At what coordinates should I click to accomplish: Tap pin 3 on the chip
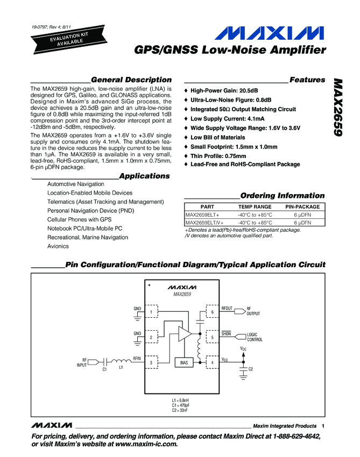(x=152, y=363)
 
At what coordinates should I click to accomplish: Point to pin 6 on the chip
(x=213, y=312)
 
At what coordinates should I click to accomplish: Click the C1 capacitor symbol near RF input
(x=105, y=362)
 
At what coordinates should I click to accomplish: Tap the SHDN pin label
(x=227, y=334)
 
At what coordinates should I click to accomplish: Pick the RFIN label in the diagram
(x=137, y=358)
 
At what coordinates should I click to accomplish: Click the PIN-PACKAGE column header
(x=302, y=206)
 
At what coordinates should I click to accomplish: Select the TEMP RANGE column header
(x=255, y=206)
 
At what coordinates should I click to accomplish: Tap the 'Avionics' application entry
(x=58, y=246)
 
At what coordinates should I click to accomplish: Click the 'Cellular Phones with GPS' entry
(x=79, y=219)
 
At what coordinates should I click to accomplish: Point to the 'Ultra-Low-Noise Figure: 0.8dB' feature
(x=231, y=99)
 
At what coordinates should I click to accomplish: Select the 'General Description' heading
(x=131, y=80)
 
